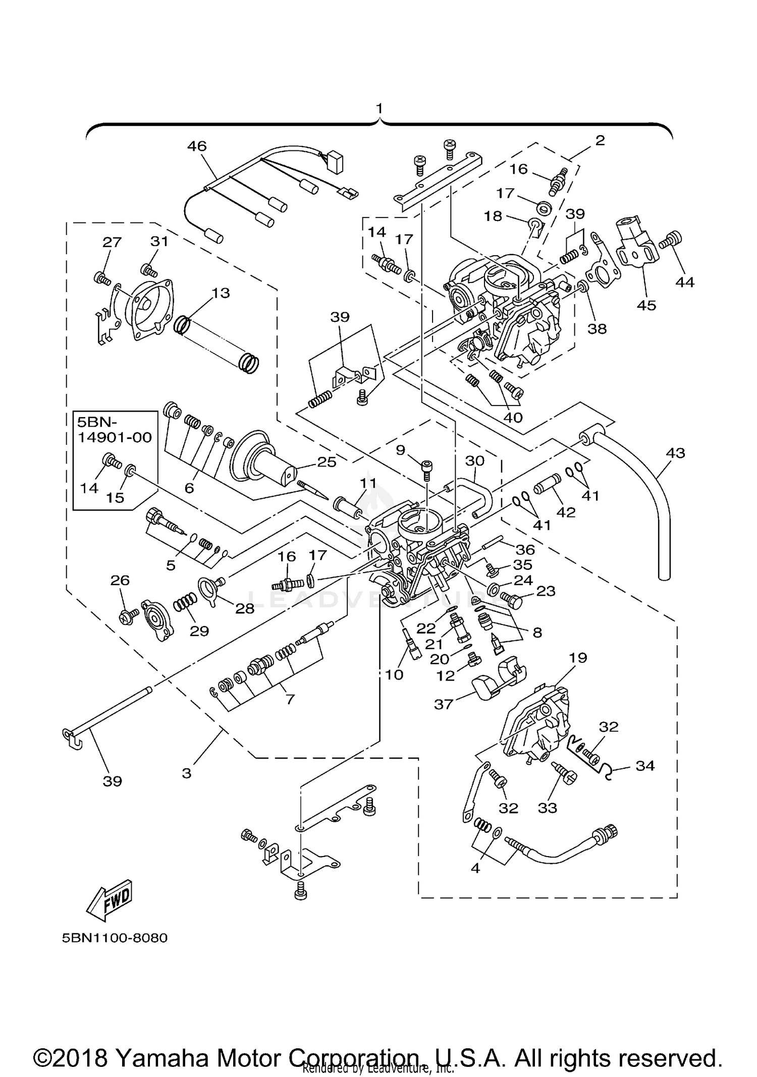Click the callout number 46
point(197,146)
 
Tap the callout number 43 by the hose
point(675,453)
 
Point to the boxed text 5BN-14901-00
point(114,429)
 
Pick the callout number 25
point(327,462)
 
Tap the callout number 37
point(444,704)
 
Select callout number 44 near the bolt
point(685,282)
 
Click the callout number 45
point(646,305)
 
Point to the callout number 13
point(221,293)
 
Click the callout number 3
point(187,773)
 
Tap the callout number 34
point(645,766)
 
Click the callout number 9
point(400,449)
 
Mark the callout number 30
point(474,460)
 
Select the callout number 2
point(600,140)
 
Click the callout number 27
point(112,242)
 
